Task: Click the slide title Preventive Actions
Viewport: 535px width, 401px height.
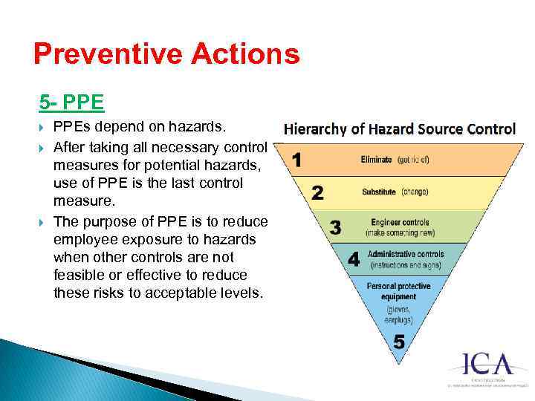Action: point(166,54)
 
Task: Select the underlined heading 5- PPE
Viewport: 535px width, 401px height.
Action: point(71,100)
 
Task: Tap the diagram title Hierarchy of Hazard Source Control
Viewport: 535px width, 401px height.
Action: point(400,129)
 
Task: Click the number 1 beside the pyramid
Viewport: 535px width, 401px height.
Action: point(297,160)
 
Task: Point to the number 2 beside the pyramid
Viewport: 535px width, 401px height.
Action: point(317,193)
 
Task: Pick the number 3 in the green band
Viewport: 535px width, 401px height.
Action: point(336,227)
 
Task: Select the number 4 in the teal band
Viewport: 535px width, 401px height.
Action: point(354,258)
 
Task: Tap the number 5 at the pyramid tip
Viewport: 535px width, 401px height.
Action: point(399,342)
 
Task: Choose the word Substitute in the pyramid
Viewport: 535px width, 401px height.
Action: point(379,192)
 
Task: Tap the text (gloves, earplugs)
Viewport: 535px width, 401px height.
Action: point(400,314)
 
